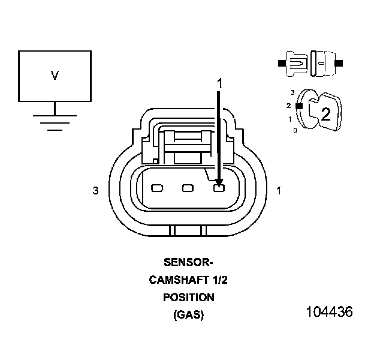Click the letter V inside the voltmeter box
pos(55,76)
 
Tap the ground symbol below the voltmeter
pos(55,120)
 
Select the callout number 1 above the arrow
pos(219,84)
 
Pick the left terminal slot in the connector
pos(157,188)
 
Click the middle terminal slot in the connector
pos(188,188)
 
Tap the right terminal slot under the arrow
pos(219,188)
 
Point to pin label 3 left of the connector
pos(95,191)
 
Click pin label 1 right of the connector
pos(278,191)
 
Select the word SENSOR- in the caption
pos(188,262)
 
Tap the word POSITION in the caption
pos(188,297)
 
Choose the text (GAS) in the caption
pos(188,314)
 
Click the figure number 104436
pos(329,313)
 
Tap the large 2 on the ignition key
pos(325,115)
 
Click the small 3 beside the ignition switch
pos(292,92)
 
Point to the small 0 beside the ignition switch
pos(294,130)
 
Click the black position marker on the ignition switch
pos(297,106)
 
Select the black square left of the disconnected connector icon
pos(281,62)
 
